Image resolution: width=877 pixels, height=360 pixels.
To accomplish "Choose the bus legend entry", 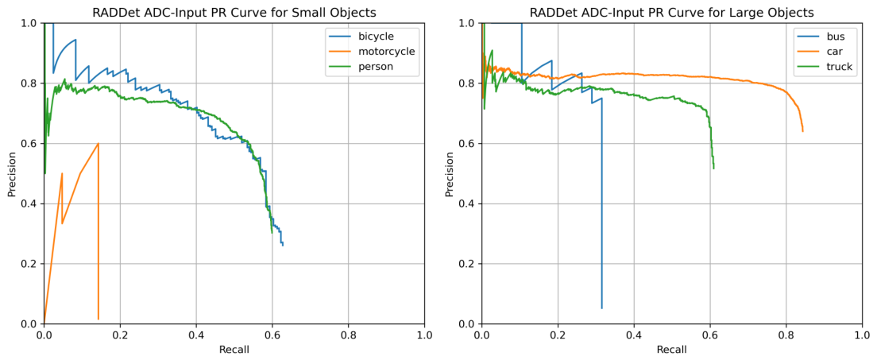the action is point(820,37).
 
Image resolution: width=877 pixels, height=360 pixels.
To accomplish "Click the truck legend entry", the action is point(823,67).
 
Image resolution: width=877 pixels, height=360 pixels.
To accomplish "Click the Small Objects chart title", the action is point(234,11).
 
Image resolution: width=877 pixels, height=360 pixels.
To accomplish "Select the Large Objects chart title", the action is point(672,11).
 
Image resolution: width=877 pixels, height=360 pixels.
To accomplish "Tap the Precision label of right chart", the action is point(449,173).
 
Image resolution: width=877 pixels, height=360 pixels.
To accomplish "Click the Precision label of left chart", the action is point(11,173).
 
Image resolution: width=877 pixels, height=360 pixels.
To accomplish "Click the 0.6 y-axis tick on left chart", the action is point(31,143).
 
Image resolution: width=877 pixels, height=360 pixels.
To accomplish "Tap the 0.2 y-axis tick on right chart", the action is point(469,264).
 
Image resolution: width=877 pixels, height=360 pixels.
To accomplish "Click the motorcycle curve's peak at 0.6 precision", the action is point(99,143).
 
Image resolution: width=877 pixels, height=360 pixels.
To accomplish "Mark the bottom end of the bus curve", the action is point(602,308).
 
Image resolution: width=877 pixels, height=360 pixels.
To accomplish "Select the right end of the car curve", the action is point(803,132).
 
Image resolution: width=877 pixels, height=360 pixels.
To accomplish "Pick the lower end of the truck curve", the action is point(713,168).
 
